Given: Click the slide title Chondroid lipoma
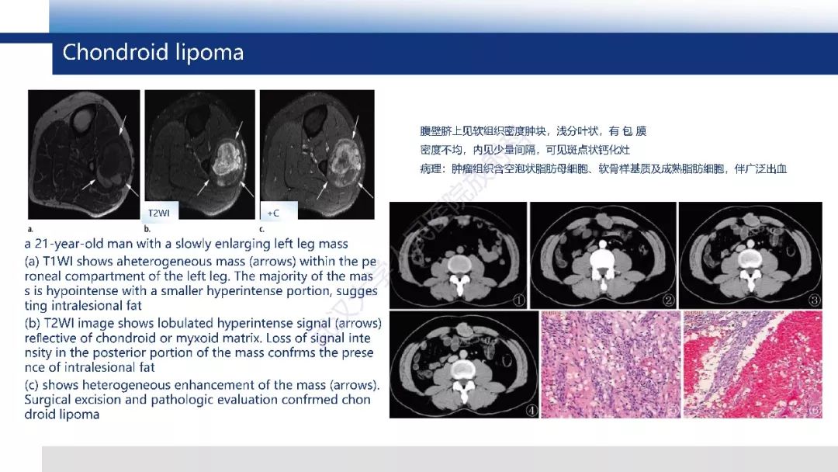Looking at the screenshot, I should click(153, 53).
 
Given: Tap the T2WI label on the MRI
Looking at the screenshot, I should click(160, 211).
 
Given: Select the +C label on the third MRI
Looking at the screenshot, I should click(274, 211).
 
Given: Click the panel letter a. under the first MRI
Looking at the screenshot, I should click(30, 230).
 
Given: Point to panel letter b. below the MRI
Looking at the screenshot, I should click(147, 230).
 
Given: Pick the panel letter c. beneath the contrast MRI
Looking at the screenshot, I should click(261, 230).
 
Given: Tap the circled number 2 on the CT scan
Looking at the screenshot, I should click(667, 300).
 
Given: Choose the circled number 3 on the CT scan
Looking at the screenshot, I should click(814, 300).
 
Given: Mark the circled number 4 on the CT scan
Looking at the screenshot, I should click(532, 410).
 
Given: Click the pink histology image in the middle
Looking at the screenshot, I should click(609, 364).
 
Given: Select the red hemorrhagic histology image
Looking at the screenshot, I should click(752, 364).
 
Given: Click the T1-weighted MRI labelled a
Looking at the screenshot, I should click(84, 154).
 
